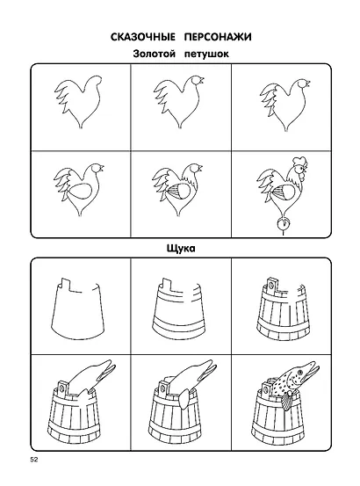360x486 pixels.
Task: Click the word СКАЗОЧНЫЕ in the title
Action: [143, 37]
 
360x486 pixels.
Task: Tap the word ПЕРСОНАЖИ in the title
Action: [218, 37]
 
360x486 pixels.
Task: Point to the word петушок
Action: [206, 54]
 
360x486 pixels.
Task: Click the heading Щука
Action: [181, 248]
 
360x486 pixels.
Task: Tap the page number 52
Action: [33, 460]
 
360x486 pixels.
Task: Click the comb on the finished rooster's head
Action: [299, 162]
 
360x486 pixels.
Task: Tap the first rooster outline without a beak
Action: [78, 101]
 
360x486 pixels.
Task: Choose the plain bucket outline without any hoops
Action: [77, 309]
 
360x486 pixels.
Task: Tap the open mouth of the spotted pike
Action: [312, 369]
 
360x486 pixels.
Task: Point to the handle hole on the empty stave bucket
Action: [272, 284]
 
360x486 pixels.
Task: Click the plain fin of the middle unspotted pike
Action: [184, 400]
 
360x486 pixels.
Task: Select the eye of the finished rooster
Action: [299, 170]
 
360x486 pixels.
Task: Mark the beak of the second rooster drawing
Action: [202, 80]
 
